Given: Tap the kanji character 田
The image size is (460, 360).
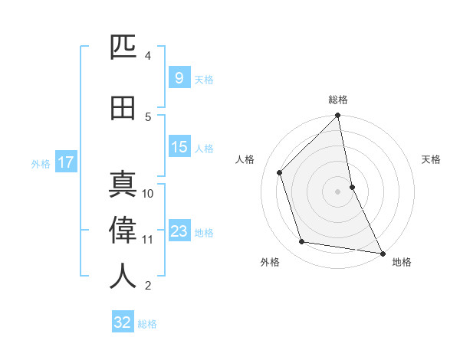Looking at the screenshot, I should (x=123, y=109).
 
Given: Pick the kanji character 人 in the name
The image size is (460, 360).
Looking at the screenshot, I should (x=123, y=276).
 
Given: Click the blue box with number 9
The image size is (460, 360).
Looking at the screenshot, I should (x=179, y=78).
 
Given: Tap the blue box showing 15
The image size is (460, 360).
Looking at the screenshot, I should (x=179, y=147).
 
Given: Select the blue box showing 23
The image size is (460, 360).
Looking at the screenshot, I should (x=179, y=232).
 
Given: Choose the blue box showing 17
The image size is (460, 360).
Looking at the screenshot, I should (x=65, y=162).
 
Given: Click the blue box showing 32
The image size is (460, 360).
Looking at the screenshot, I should (x=123, y=322).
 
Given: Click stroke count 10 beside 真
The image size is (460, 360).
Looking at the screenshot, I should (x=148, y=194).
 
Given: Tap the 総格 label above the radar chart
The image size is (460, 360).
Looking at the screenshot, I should (x=338, y=100).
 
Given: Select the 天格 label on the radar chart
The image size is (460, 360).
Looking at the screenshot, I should (x=432, y=159).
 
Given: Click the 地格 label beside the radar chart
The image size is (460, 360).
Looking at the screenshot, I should (x=402, y=262).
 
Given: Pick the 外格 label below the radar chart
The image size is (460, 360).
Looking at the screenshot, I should (x=270, y=262).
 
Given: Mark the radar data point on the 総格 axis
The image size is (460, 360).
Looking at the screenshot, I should (x=338, y=116).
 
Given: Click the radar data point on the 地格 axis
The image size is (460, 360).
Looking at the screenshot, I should (x=382, y=252).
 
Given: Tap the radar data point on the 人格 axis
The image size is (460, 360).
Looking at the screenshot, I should (x=280, y=172).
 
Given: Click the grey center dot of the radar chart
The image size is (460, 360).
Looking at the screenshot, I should (x=338, y=191).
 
